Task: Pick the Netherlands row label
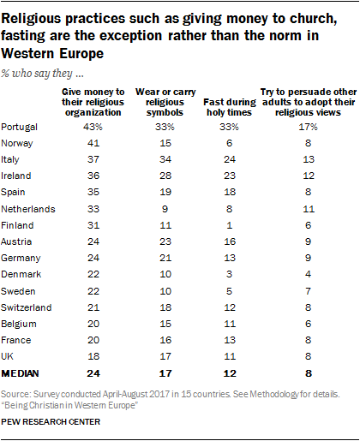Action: tap(33, 209)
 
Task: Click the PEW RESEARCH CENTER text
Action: tap(54, 422)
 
